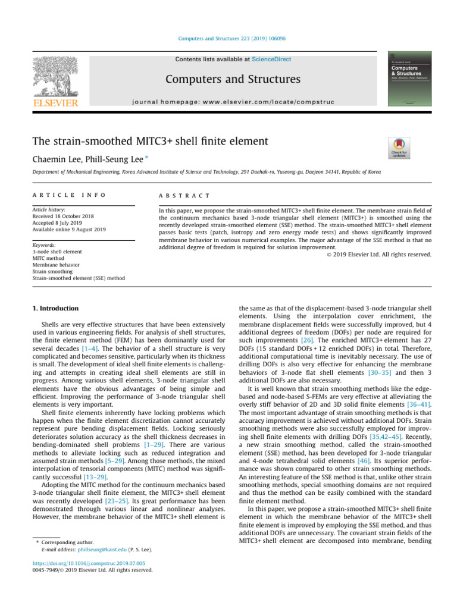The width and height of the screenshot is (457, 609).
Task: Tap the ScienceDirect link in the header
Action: (271, 59)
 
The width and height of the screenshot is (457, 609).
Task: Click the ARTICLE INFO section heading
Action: (57, 196)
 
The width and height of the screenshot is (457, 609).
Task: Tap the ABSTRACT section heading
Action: (183, 196)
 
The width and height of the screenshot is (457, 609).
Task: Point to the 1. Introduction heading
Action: (54, 309)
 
